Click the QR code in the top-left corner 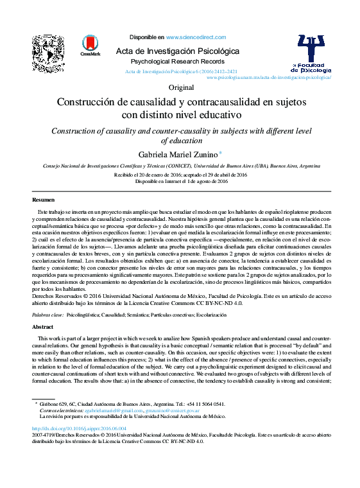tap(49, 53)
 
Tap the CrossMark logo tap(90, 47)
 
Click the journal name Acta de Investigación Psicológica tap(176, 51)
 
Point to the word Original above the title tap(180, 87)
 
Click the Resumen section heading tap(44, 200)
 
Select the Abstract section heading tap(43, 327)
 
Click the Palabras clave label tap(47, 316)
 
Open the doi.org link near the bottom tap(79, 428)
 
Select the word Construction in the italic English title tap(78, 131)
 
